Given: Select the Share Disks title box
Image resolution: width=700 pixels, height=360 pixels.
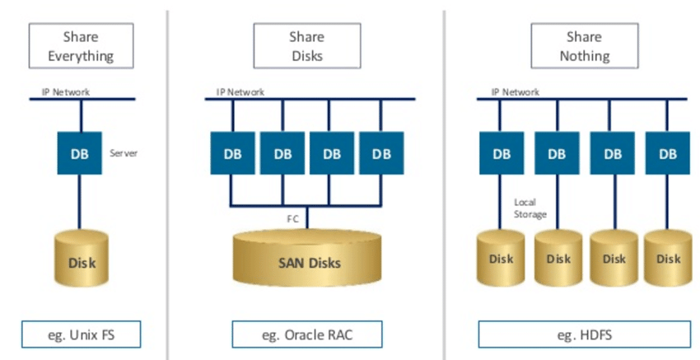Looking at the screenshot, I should click(x=306, y=46).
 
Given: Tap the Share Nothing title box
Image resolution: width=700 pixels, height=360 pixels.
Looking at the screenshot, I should click(x=584, y=46).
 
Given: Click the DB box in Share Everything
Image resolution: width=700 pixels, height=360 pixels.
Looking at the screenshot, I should click(x=79, y=153).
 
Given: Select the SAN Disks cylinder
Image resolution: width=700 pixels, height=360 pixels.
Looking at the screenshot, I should click(x=306, y=261).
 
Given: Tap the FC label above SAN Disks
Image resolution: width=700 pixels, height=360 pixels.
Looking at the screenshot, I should click(x=292, y=220).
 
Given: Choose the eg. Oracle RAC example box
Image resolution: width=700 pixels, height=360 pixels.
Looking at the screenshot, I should click(x=306, y=334).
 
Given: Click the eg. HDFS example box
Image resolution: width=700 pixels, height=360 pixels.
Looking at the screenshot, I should click(x=584, y=334).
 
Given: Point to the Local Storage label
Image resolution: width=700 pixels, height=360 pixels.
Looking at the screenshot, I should click(x=530, y=208).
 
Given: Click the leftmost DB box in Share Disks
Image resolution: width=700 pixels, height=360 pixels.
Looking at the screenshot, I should click(x=233, y=153).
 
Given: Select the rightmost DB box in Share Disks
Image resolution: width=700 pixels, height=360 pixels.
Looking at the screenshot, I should click(x=381, y=153).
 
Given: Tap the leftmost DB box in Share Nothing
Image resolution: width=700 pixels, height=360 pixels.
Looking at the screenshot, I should click(x=502, y=153).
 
